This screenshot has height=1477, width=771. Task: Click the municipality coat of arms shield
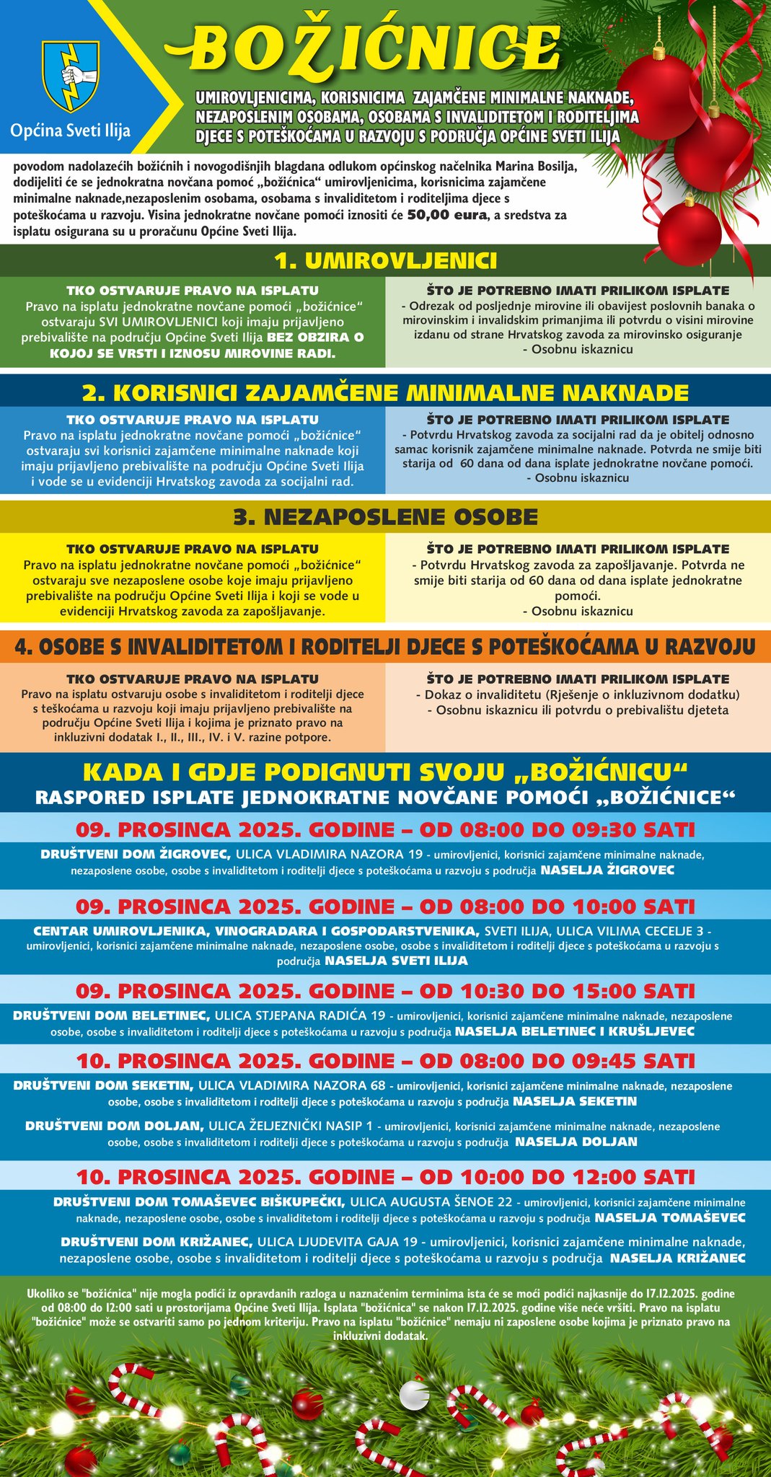[x=71, y=75]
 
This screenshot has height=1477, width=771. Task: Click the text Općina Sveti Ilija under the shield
[x=71, y=131]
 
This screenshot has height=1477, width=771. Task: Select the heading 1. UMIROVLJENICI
[x=385, y=260]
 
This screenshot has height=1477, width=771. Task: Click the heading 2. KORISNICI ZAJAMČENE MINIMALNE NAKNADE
[x=385, y=392]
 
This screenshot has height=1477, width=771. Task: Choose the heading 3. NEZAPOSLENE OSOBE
[x=385, y=516]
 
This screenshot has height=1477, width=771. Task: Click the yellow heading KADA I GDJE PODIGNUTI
[x=385, y=772]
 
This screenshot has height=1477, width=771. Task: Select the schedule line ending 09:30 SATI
[x=385, y=829]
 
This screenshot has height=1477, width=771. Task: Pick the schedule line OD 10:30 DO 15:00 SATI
[x=385, y=990]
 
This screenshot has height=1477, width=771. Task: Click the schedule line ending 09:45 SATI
[x=385, y=1060]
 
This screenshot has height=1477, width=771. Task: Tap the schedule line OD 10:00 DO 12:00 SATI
[x=385, y=1176]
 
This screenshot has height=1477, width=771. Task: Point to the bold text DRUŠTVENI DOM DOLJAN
[x=114, y=1125]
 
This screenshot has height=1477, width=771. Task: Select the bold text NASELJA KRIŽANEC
[x=678, y=1258]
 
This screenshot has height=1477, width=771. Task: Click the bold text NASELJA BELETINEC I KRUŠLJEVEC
[x=574, y=1031]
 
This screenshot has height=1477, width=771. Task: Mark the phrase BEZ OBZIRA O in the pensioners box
[x=315, y=338]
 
